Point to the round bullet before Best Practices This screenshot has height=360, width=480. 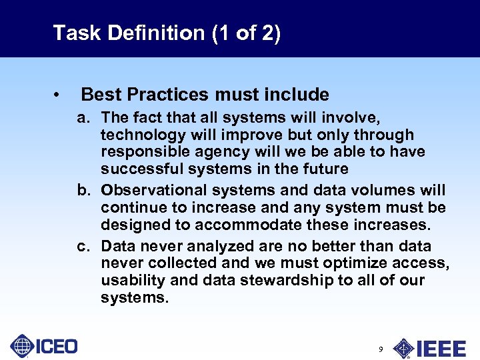59,95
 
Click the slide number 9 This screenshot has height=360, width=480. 380,349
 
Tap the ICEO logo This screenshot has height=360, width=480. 44,346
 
